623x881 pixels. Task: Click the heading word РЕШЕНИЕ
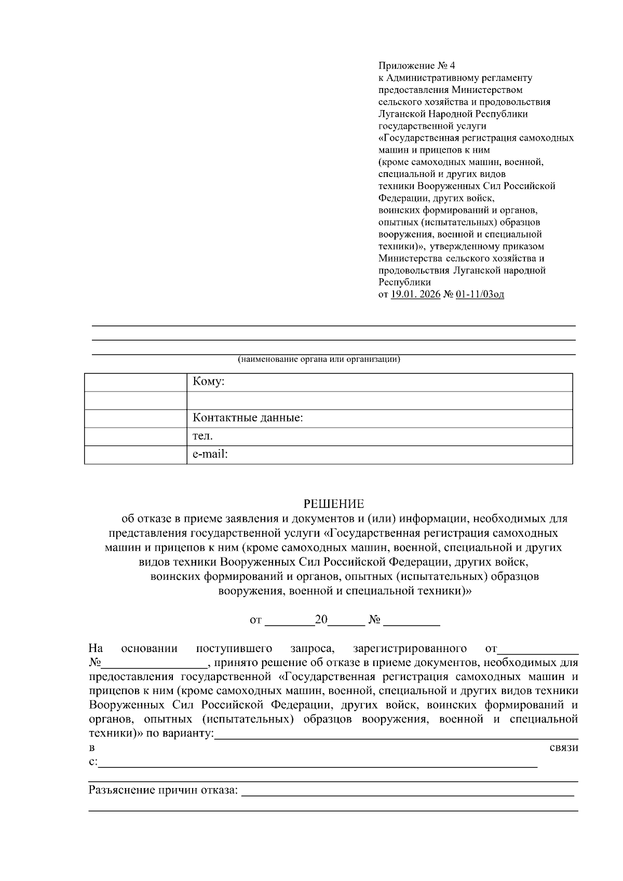tap(333, 504)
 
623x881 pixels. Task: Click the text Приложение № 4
tap(416, 66)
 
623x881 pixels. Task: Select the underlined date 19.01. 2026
tap(415, 294)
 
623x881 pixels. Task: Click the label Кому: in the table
tap(208, 382)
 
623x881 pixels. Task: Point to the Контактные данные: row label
tap(248, 418)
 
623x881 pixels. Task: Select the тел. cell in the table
tap(202, 436)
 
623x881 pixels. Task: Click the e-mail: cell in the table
tap(210, 454)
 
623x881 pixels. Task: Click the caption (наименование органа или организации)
tap(319, 359)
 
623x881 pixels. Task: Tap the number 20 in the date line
tap(321, 619)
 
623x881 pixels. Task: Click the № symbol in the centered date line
tap(374, 620)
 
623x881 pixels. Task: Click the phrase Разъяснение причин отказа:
tap(163, 790)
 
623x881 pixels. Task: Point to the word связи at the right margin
tap(563, 748)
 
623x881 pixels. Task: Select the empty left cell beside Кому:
tap(136, 382)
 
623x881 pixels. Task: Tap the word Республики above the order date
tap(404, 282)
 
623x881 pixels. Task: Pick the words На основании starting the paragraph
tap(133, 648)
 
